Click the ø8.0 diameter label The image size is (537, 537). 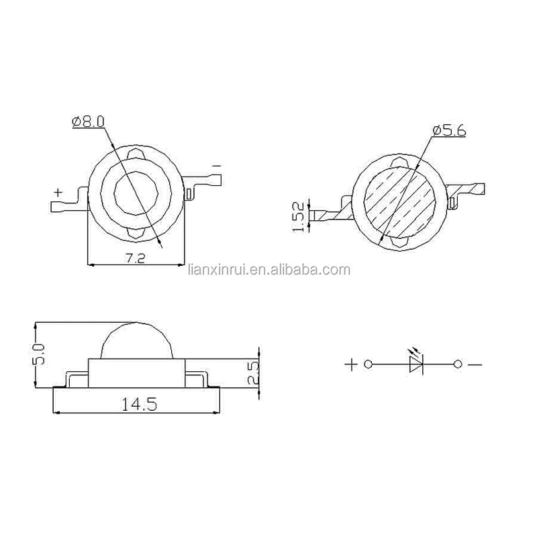(88, 122)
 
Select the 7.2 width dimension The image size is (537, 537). (135, 258)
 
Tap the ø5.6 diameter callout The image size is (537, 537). (449, 130)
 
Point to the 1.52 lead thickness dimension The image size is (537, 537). (299, 217)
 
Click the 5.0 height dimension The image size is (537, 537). (39, 355)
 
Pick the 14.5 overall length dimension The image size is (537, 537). (140, 405)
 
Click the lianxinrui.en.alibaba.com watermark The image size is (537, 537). (269, 270)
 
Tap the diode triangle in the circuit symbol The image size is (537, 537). (416, 364)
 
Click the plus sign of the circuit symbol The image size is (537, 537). (351, 364)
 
